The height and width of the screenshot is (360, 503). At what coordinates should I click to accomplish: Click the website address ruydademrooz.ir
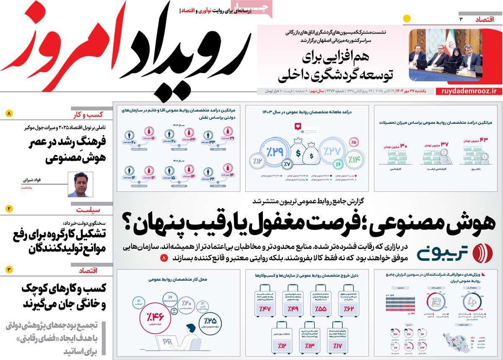click(469, 91)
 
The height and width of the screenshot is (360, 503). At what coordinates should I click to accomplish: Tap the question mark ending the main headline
click(126, 221)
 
